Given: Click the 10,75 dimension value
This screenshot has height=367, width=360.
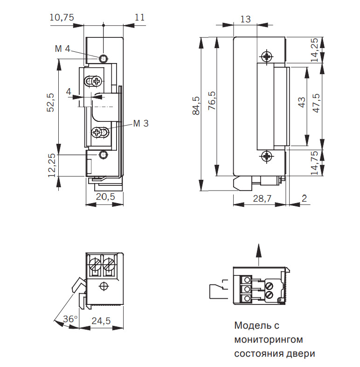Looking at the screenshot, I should pos(62,17).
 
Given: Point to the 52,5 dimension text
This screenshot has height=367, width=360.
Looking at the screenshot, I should pos(51,102).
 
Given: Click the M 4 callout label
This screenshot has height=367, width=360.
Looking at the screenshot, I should pos(62,49).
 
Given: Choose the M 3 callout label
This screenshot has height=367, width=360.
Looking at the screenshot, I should pos(141,123).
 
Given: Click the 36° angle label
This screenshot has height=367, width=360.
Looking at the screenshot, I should pos(70,319).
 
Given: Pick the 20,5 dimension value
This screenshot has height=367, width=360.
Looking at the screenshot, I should pos(105,197).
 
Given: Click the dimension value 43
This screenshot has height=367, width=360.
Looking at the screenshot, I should pos(302,102).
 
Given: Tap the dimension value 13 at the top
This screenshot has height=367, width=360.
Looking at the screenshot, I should pos(246,19).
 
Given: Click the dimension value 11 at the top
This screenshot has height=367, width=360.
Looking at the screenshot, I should pos(139,17).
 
